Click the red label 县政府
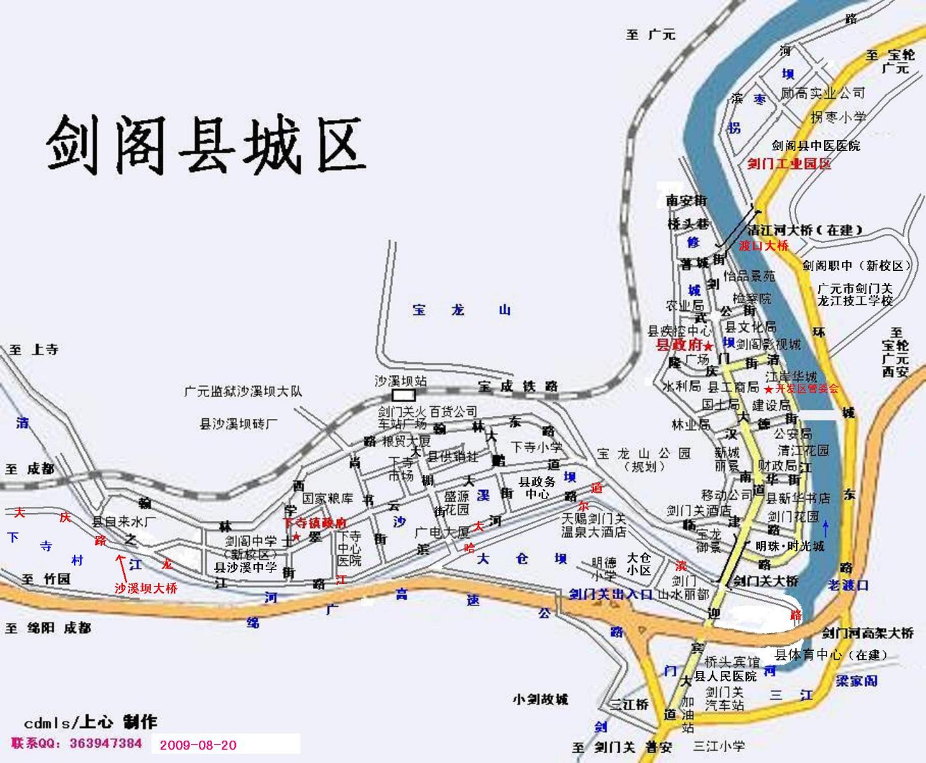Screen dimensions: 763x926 (x=679, y=345)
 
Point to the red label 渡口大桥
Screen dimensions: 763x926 (x=763, y=245)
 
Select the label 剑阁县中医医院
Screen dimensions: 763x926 (x=816, y=146)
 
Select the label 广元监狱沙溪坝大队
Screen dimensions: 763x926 (x=242, y=391)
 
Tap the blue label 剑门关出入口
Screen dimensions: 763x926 (x=611, y=594)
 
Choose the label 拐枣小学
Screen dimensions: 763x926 (x=838, y=117)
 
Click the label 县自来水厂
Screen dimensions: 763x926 (x=124, y=521)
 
